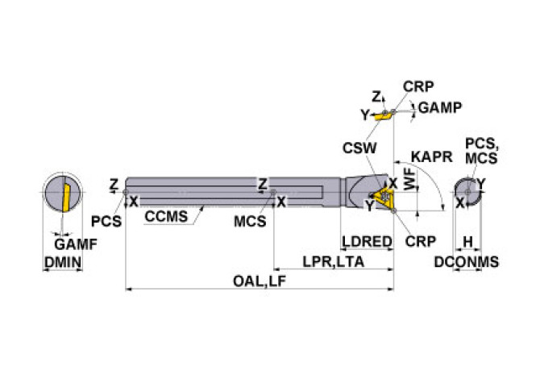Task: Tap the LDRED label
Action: pos(367,241)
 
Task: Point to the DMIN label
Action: pos(63,261)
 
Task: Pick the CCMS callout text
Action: pos(166,216)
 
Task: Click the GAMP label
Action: pos(442,108)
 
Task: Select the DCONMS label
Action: pos(466,261)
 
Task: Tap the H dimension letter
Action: pos(467,241)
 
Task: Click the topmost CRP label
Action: pos(418,87)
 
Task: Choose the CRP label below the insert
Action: pos(422,241)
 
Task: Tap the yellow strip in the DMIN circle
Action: pos(62,197)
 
